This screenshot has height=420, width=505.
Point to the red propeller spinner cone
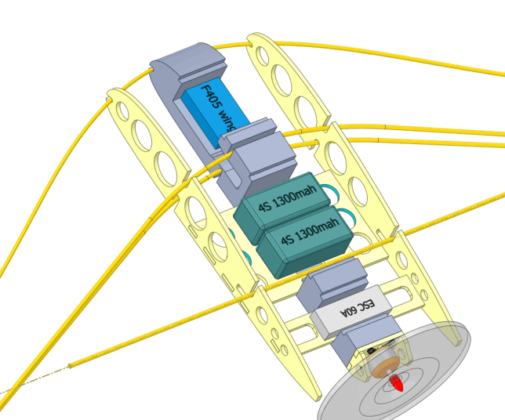(x=396, y=383)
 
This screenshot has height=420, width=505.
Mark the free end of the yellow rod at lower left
(x=70, y=366)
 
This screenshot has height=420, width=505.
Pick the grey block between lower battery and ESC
(x=332, y=283)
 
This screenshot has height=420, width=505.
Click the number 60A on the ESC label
(x=348, y=312)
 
